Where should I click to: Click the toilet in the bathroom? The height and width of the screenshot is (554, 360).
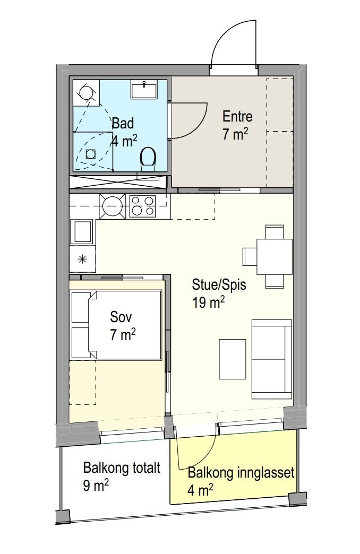[x=148, y=159]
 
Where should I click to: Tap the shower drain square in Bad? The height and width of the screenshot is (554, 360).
[x=91, y=154]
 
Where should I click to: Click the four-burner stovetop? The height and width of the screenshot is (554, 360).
[x=142, y=206]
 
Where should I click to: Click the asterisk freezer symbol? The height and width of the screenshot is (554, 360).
[x=83, y=259]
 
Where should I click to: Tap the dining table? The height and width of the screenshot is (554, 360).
[x=275, y=256]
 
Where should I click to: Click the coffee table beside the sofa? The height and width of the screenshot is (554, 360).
[x=233, y=359]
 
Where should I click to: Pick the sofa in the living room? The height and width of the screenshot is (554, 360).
[x=271, y=359]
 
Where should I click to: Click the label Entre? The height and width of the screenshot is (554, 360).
[x=237, y=117]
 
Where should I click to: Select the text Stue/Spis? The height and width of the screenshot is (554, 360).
[x=219, y=284]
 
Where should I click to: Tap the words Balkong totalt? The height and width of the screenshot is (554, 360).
[x=122, y=468]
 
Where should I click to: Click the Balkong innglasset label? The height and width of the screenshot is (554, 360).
[x=241, y=472]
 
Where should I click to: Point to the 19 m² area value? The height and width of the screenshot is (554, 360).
[x=209, y=302]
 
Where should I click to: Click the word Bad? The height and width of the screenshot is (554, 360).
[x=123, y=123]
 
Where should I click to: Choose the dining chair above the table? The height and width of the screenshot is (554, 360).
[x=275, y=232]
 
